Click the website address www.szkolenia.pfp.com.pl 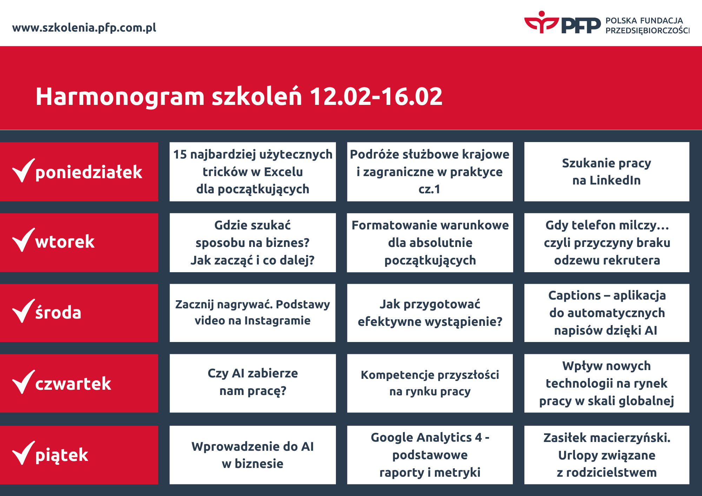pyautogui.click(x=84, y=28)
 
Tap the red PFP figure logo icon pyautogui.click(x=542, y=22)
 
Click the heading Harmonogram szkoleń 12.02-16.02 pyautogui.click(x=239, y=96)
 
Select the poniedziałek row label pyautogui.click(x=89, y=172)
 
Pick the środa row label pyautogui.click(x=58, y=312)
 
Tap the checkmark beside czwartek pyautogui.click(x=24, y=382)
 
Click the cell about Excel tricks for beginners pyautogui.click(x=253, y=172)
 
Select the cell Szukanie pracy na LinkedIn pyautogui.click(x=607, y=172)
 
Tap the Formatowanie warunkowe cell pyautogui.click(x=430, y=243)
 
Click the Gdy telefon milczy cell pyautogui.click(x=607, y=243)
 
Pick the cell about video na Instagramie pyautogui.click(x=253, y=313)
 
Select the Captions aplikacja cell pyautogui.click(x=607, y=313)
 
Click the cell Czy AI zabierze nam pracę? pyautogui.click(x=253, y=383)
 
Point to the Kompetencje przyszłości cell pyautogui.click(x=430, y=383)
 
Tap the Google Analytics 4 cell pyautogui.click(x=430, y=455)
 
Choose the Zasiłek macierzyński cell pyautogui.click(x=607, y=455)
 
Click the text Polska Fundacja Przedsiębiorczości pyautogui.click(x=648, y=26)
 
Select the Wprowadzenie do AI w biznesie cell pyautogui.click(x=253, y=455)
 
